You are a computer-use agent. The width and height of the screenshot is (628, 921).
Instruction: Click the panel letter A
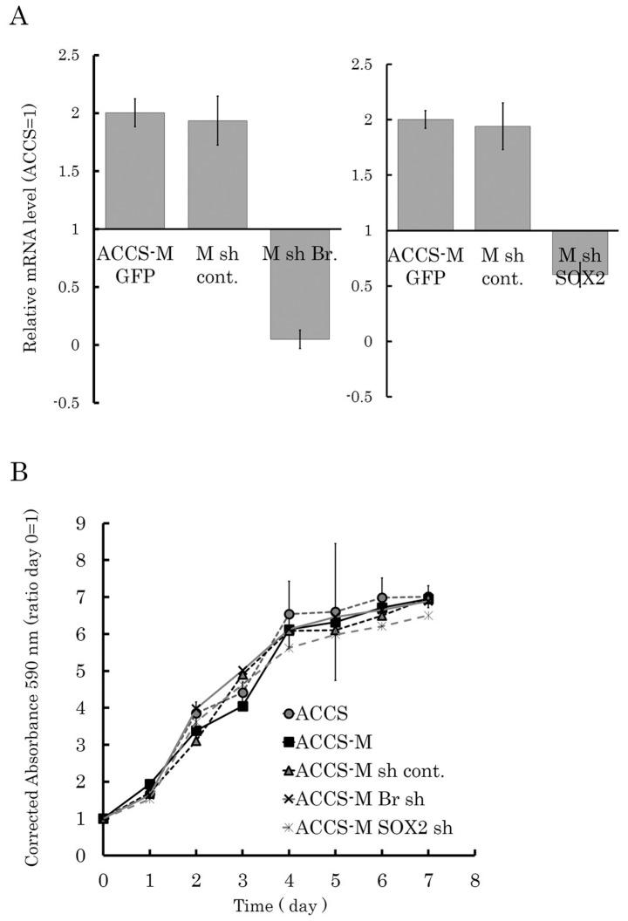point(17,18)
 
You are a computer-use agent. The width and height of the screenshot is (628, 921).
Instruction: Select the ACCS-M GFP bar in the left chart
point(134,170)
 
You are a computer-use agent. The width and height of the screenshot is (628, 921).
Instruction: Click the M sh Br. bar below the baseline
point(299,283)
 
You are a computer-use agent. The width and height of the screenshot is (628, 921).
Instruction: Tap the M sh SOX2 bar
point(580,252)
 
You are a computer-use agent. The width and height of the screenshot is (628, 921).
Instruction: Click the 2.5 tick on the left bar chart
point(68,56)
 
